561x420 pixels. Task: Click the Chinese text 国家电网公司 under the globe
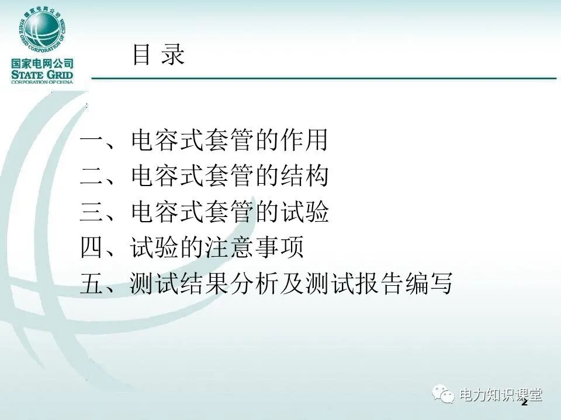pos(41,64)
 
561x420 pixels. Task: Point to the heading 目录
pos(158,55)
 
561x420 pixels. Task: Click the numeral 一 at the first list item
pos(92,142)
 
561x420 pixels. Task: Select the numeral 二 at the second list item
pos(92,177)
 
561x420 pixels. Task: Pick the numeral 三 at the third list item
pos(92,213)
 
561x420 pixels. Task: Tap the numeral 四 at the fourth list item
pos(92,249)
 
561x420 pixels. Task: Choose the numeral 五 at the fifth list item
pos(92,285)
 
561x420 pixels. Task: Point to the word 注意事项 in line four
pos(254,249)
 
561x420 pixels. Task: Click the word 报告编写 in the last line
pos(403,285)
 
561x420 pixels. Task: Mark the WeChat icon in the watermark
pos(444,396)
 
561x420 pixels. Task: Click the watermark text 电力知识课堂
pos(501,395)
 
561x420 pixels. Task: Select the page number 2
pos(524,403)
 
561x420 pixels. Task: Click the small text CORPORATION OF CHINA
pos(41,82)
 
